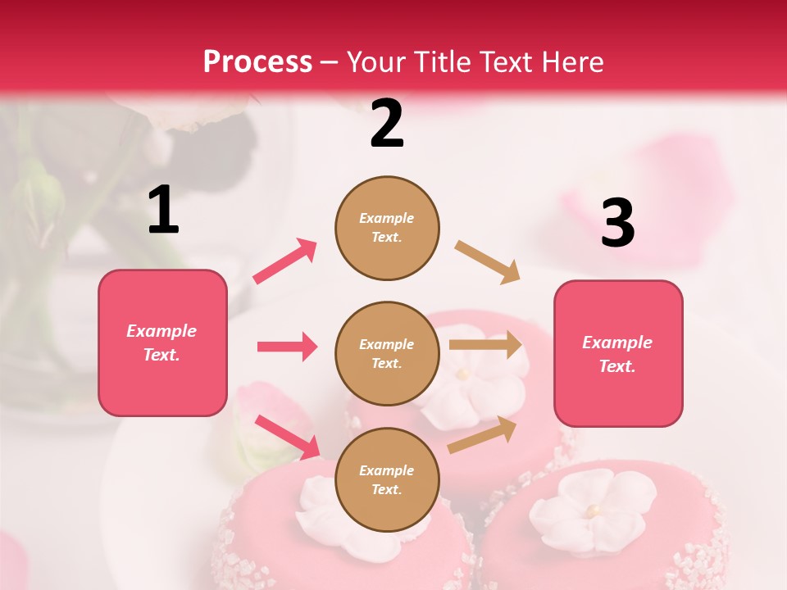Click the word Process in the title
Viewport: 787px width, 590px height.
(x=257, y=62)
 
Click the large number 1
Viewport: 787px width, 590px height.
(x=163, y=210)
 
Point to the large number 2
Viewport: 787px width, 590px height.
(x=387, y=124)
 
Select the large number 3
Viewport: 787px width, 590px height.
(x=617, y=223)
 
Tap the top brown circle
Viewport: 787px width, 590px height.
(x=387, y=228)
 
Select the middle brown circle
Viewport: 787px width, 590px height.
(x=387, y=353)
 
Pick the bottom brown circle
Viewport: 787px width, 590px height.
(x=387, y=479)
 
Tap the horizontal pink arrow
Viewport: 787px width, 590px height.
(x=287, y=347)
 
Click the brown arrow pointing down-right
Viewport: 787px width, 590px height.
(x=488, y=262)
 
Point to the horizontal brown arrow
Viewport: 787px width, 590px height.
(x=485, y=345)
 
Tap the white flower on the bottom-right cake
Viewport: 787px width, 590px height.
(x=592, y=511)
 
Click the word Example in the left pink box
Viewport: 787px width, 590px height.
(x=161, y=331)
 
